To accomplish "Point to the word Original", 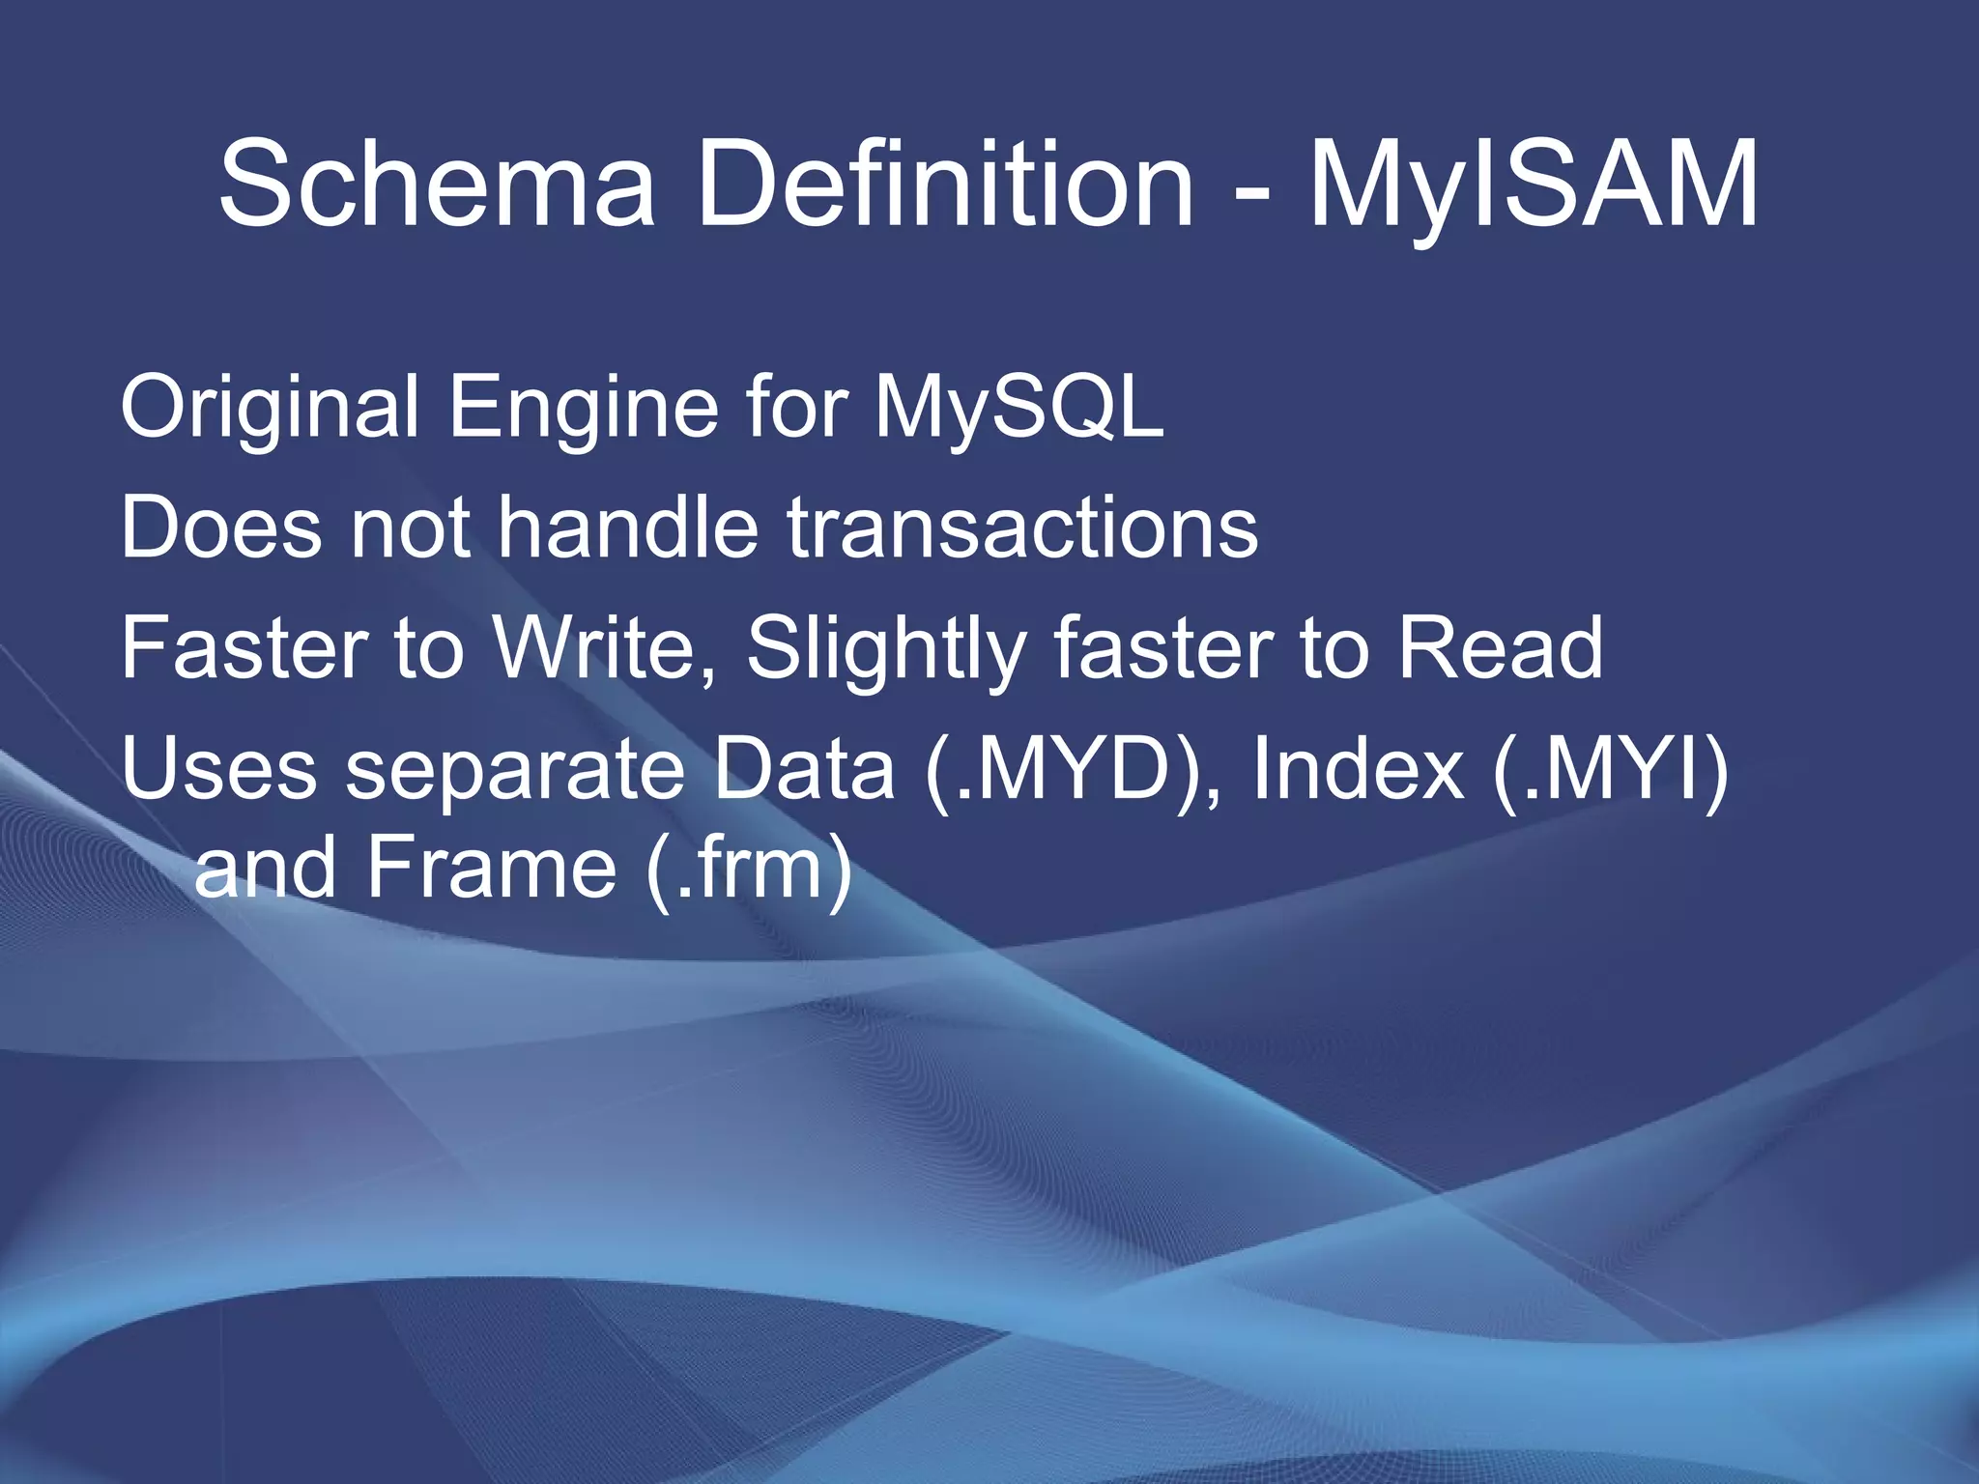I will pos(270,408).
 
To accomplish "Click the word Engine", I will pos(583,408).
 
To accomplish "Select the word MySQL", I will pos(1019,408).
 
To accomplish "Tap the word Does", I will pos(220,528).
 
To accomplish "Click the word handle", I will pos(627,528).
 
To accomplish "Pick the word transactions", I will pos(1022,528).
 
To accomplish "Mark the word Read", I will pos(1500,648).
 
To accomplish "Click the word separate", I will pos(514,771).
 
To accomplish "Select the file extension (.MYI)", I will pos(1610,771).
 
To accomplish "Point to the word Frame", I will pos(491,867).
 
